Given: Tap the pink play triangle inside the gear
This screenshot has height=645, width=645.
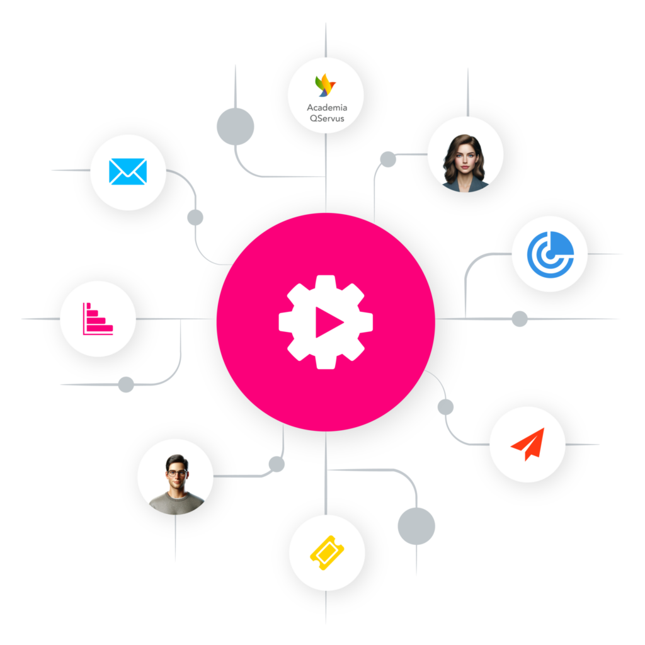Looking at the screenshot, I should coord(328,322).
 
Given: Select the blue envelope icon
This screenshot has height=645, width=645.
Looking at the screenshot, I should coord(128,171).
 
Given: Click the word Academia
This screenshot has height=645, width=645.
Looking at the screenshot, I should coord(326,108).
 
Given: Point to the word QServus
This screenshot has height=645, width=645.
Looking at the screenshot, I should coord(326,118).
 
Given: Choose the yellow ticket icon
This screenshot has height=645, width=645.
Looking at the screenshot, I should coord(326,552).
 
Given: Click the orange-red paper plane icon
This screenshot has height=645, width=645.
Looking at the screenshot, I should coord(527,443).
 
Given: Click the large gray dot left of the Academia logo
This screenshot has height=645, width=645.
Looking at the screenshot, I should coord(236,126).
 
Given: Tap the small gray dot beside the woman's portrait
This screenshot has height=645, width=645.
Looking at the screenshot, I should coord(388,159).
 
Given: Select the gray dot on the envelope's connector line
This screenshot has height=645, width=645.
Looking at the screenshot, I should coord(195,218).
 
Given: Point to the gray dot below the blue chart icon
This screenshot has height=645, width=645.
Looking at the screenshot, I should coord(520,319).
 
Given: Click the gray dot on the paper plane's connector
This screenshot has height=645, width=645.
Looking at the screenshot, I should coord(445,407).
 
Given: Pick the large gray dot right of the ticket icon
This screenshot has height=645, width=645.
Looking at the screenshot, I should coord(416,526).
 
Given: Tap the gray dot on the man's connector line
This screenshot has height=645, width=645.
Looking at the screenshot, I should coord(277,464).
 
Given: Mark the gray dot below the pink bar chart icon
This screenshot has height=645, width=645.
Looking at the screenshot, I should coord(126,384).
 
